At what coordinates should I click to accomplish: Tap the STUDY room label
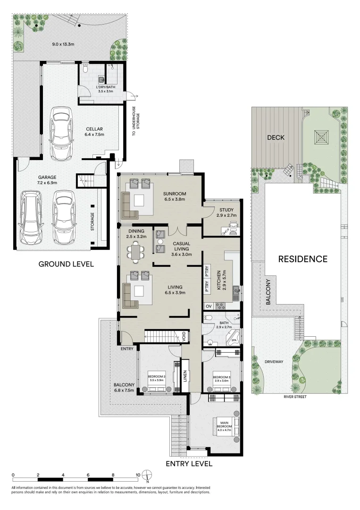click(x=220, y=210)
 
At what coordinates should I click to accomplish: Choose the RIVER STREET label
click(x=295, y=397)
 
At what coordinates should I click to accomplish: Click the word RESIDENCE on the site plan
click(x=302, y=259)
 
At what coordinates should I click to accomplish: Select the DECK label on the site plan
click(x=275, y=137)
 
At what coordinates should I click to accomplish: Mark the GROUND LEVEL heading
click(x=66, y=264)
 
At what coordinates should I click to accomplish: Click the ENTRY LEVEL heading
click(x=189, y=464)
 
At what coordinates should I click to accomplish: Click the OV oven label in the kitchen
click(x=208, y=306)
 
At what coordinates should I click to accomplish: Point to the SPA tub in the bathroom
click(x=233, y=339)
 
